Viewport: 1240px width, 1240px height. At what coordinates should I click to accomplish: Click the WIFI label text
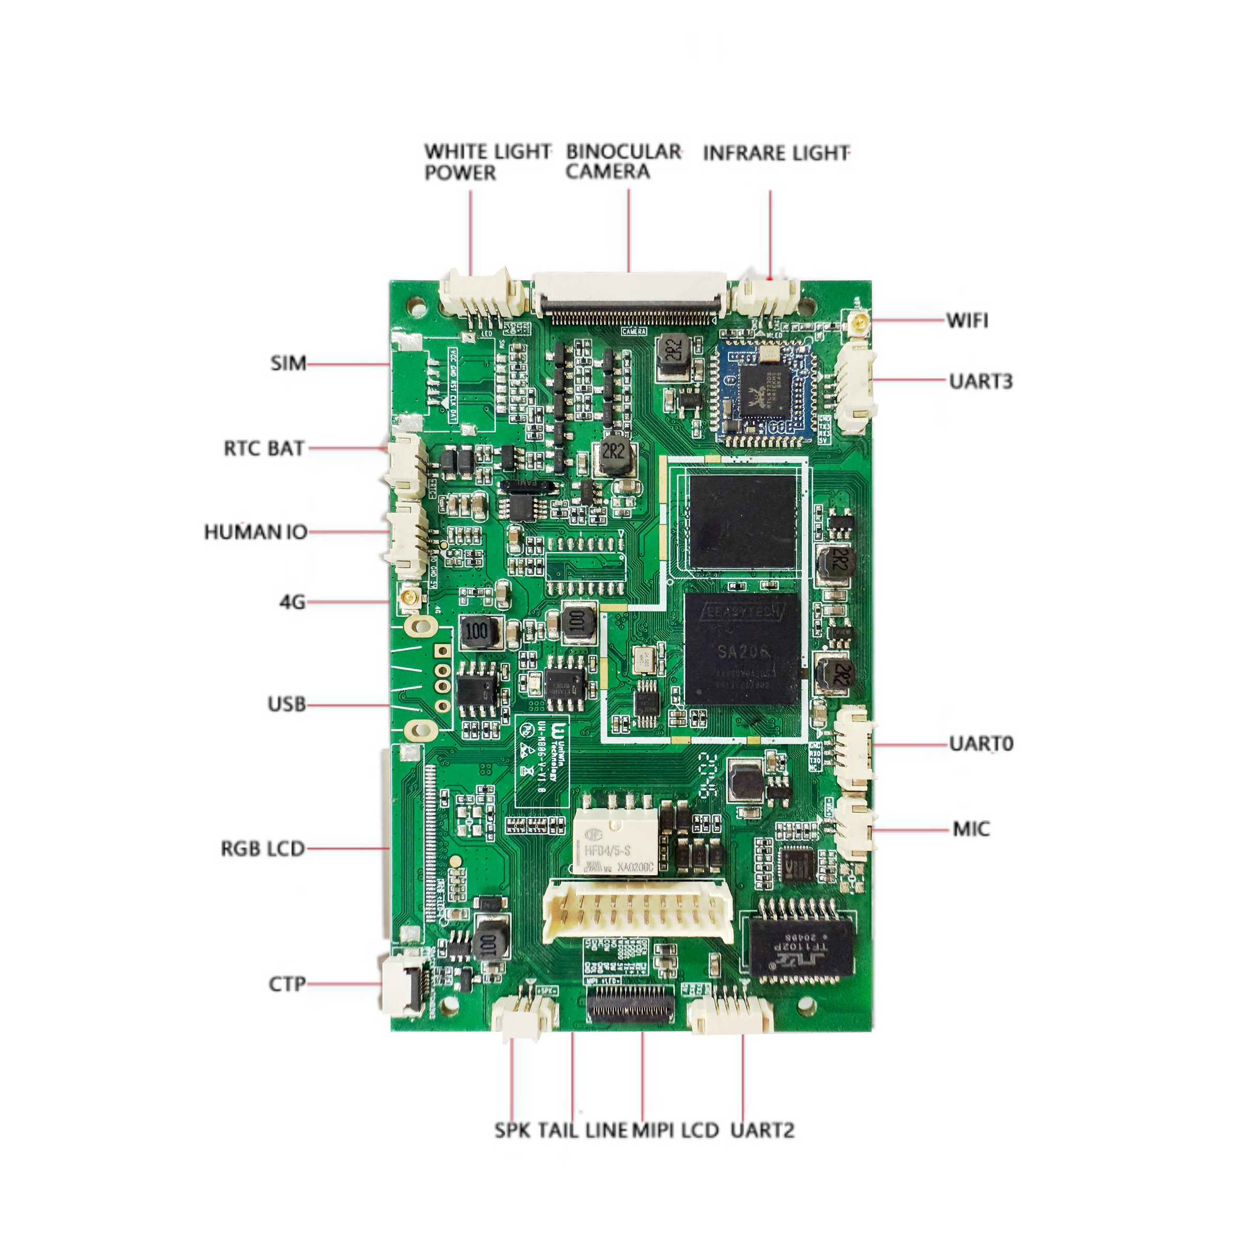click(967, 320)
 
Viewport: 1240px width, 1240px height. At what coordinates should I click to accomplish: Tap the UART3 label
click(981, 381)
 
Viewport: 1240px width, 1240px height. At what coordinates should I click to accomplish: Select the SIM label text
click(288, 363)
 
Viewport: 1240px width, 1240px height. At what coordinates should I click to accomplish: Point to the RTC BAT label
click(264, 448)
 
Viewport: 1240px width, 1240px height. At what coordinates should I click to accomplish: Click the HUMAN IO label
click(255, 532)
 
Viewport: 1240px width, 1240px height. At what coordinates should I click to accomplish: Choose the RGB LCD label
click(262, 849)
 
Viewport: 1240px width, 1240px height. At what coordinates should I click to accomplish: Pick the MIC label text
click(971, 829)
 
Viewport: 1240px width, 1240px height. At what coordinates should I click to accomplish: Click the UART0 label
click(981, 744)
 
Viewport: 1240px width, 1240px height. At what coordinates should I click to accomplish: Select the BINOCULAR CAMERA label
click(623, 161)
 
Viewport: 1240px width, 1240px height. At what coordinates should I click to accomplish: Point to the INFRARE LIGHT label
click(776, 153)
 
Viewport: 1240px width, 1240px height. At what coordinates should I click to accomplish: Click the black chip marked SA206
click(742, 649)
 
